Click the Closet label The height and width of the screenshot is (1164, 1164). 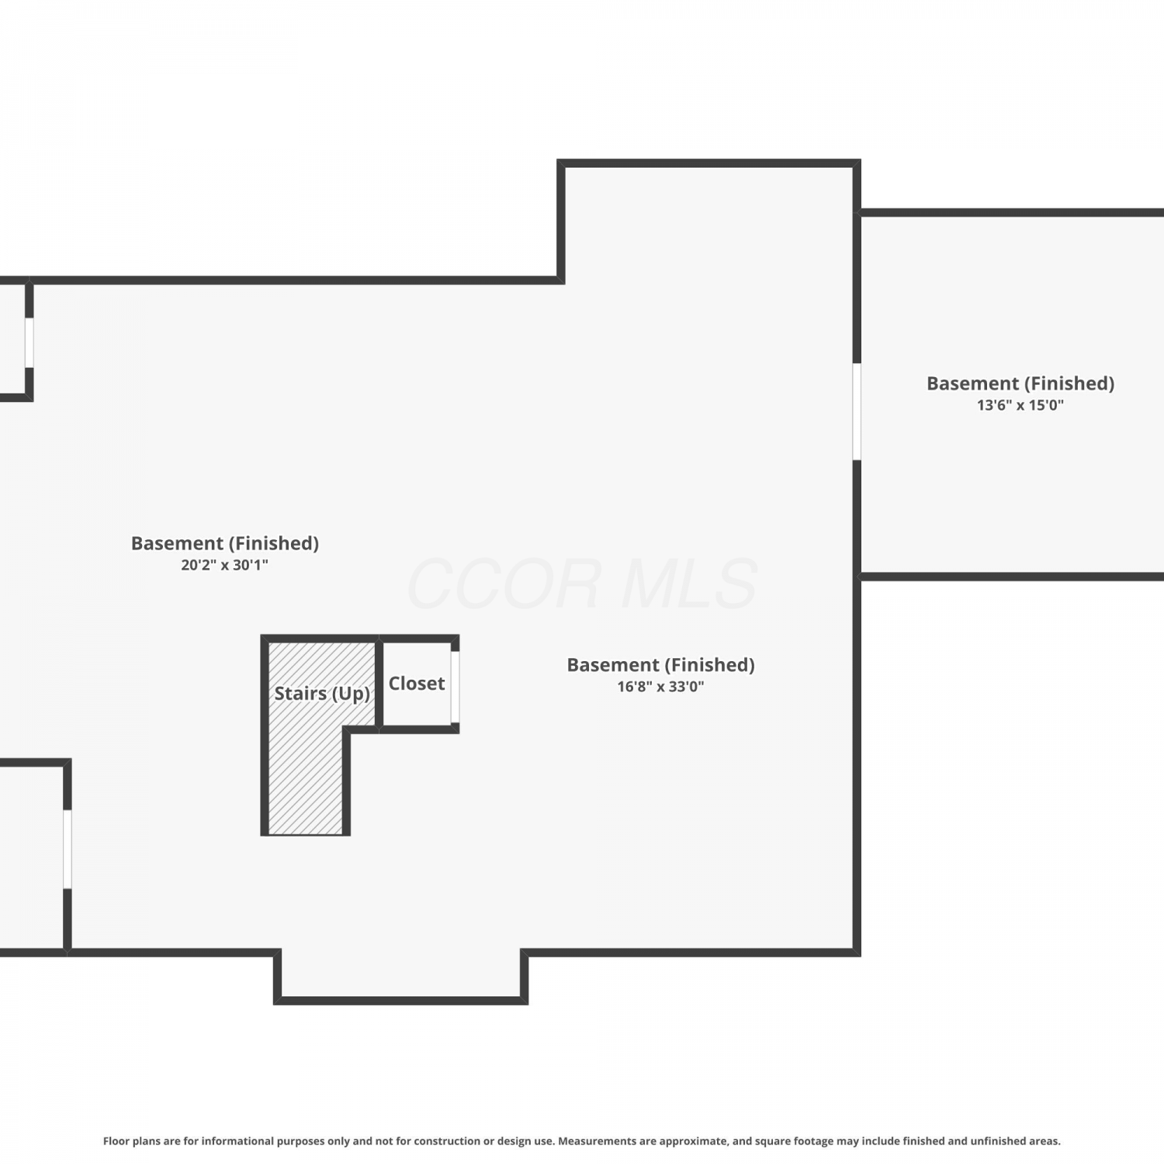pos(417,684)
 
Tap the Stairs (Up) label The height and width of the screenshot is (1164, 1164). pos(322,694)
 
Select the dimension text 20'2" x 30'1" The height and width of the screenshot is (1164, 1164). pos(225,565)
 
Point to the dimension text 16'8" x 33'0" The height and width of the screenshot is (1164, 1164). pos(661,687)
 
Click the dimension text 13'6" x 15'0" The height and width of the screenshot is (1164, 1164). pos(1020,405)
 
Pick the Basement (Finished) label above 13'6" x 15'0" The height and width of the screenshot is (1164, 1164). pos(1020,383)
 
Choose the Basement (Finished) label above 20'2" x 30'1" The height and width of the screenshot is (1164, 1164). pos(225,543)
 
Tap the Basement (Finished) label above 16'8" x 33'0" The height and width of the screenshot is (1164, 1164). pos(661,665)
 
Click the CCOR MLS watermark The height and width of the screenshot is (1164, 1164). pos(582,584)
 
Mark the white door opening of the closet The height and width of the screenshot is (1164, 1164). pos(456,687)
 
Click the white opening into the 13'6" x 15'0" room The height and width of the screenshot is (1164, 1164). pos(857,411)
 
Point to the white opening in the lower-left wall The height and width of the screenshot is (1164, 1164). pos(68,849)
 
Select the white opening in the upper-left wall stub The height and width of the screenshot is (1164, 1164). pos(29,342)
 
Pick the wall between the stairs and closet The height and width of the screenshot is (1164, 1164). pos(379,684)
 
